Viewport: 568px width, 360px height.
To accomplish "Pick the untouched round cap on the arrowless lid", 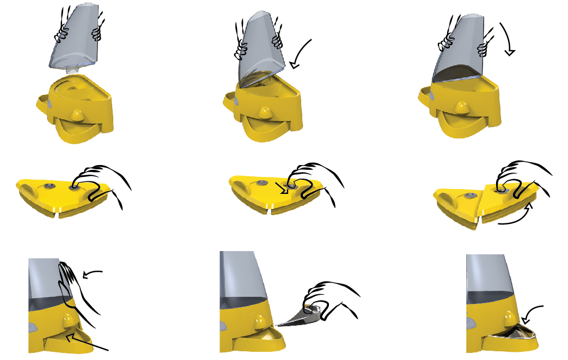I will (x=48, y=187).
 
